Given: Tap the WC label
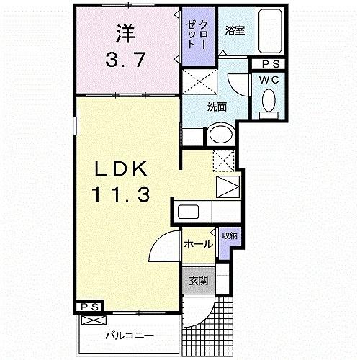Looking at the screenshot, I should [x=271, y=80].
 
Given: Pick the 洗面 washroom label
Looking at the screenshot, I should [x=217, y=107].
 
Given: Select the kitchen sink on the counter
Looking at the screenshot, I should [x=189, y=212].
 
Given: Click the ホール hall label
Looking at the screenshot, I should [x=197, y=244].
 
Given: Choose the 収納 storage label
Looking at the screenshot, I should [x=230, y=235].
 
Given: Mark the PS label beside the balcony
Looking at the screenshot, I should [x=89, y=307].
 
